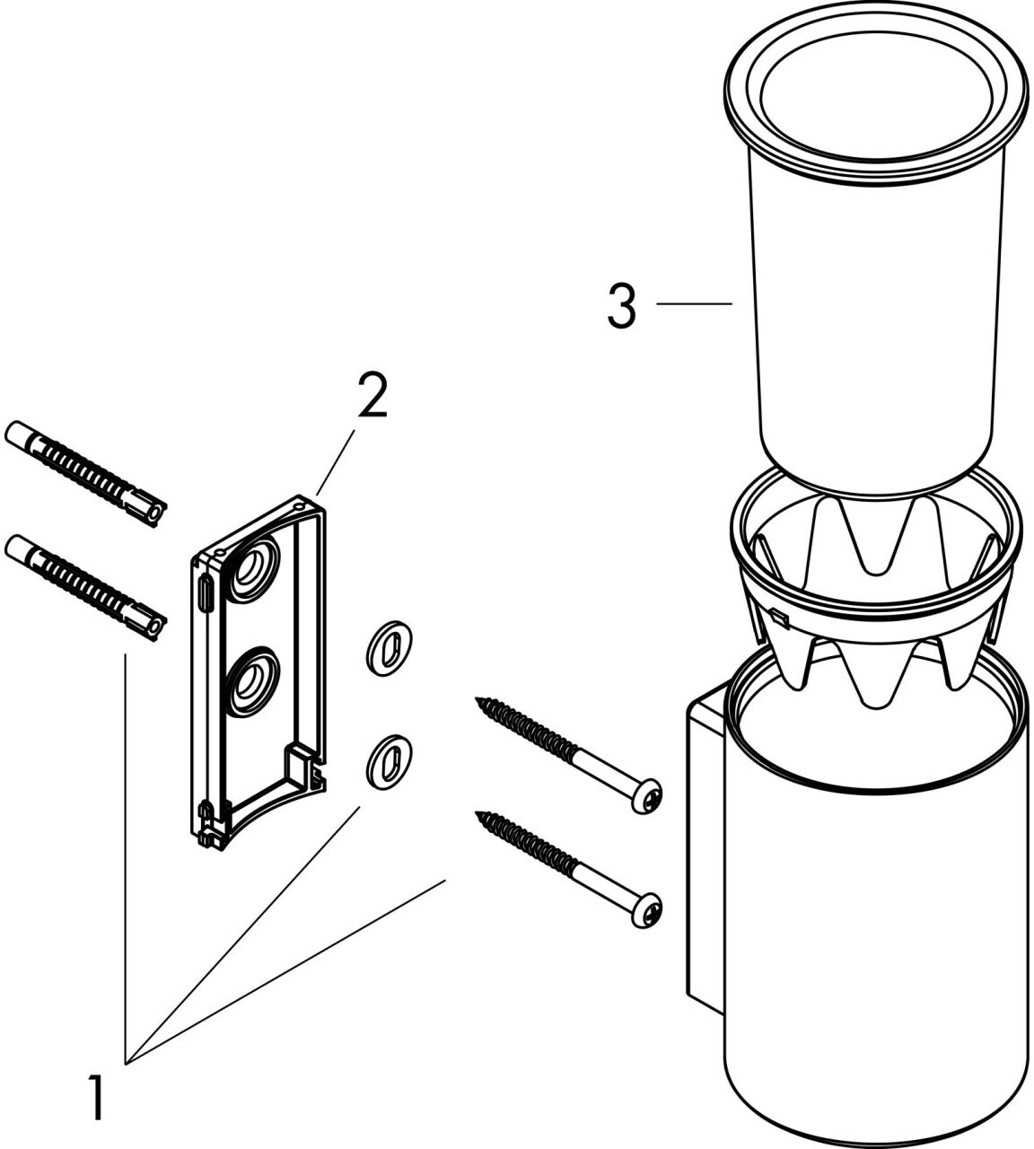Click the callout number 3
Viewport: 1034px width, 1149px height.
[x=622, y=308]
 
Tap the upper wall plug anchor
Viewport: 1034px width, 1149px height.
[x=86, y=476]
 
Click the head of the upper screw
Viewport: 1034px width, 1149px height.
[x=647, y=795]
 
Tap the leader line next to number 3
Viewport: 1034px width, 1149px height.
[x=695, y=303]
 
